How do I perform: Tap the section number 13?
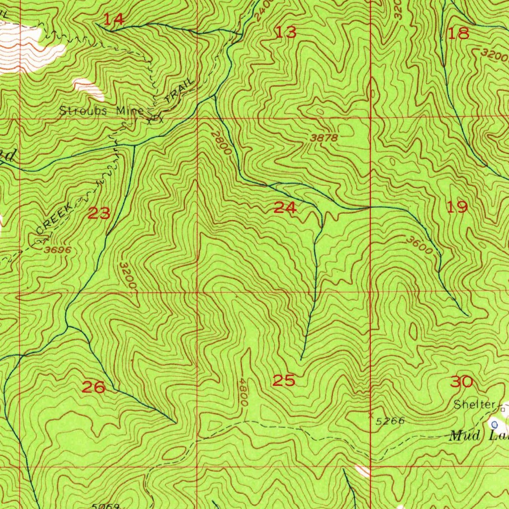point(286,33)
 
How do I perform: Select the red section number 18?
point(458,34)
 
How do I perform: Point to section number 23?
point(99,214)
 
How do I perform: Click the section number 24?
point(285,208)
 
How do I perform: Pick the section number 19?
point(457,207)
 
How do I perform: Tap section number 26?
point(93,387)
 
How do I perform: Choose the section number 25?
point(284,381)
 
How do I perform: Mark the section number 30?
point(461,382)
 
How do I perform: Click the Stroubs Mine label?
point(101,111)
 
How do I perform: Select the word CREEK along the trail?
point(55,220)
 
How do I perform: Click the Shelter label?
point(475,405)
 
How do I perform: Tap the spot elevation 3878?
point(324,138)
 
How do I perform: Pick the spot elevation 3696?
point(58,250)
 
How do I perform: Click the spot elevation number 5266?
point(390,422)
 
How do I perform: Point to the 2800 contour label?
point(219,142)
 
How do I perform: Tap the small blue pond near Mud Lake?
point(495,424)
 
